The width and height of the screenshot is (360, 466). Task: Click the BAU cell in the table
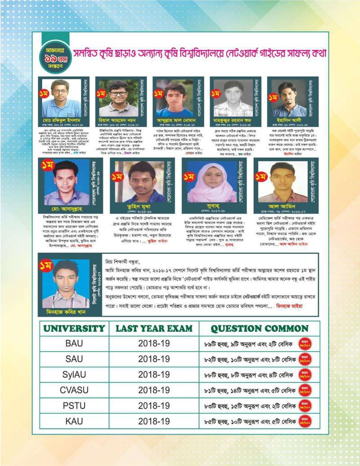point(74,343)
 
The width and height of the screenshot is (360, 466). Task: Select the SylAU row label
point(74,374)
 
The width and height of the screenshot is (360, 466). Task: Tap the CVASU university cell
point(74,389)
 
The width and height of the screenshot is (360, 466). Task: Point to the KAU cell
point(74,421)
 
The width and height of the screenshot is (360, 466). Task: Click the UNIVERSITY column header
point(74,328)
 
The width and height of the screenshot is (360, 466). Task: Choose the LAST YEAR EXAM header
point(154,328)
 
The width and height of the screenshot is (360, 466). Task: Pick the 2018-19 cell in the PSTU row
point(154,405)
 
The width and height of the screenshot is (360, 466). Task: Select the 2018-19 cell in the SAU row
point(154,359)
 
